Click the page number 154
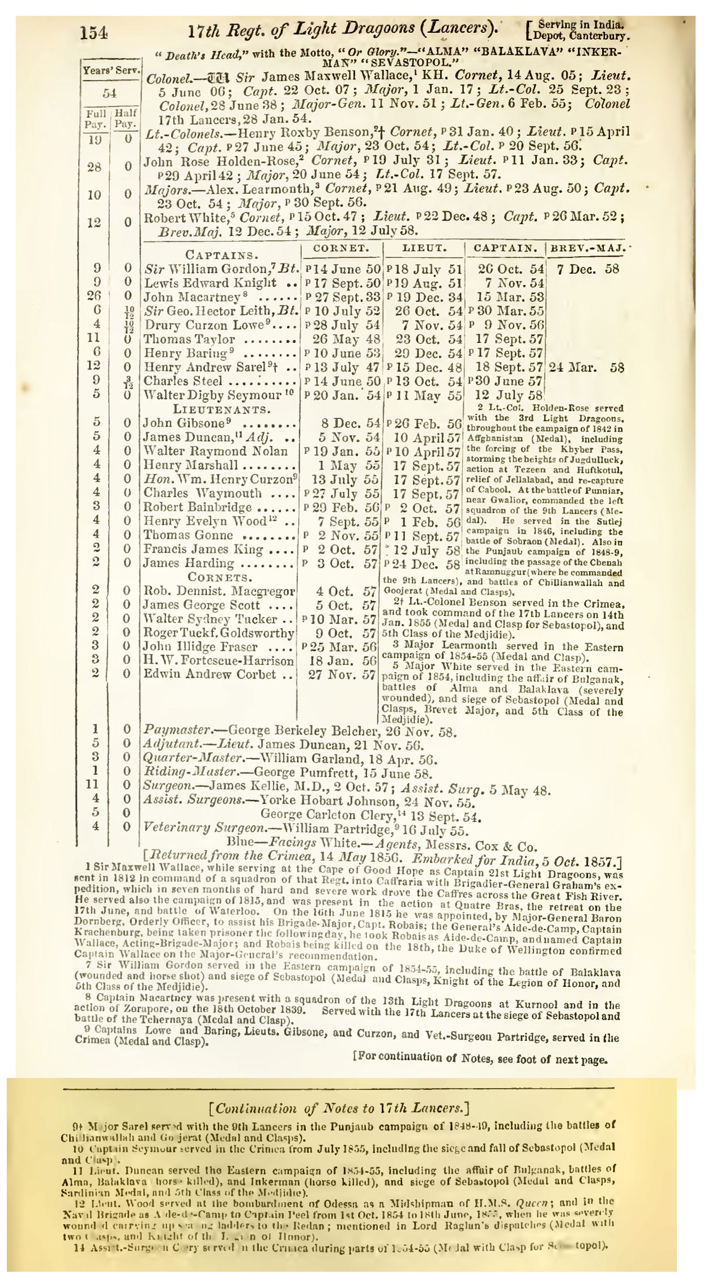pos(94,33)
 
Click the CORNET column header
pos(342,248)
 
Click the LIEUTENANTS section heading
pos(221,409)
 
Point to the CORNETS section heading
pos(220,578)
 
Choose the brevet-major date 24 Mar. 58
pos(587,367)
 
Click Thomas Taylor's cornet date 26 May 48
pos(341,339)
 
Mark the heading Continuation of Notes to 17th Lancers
pos(338,1109)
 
